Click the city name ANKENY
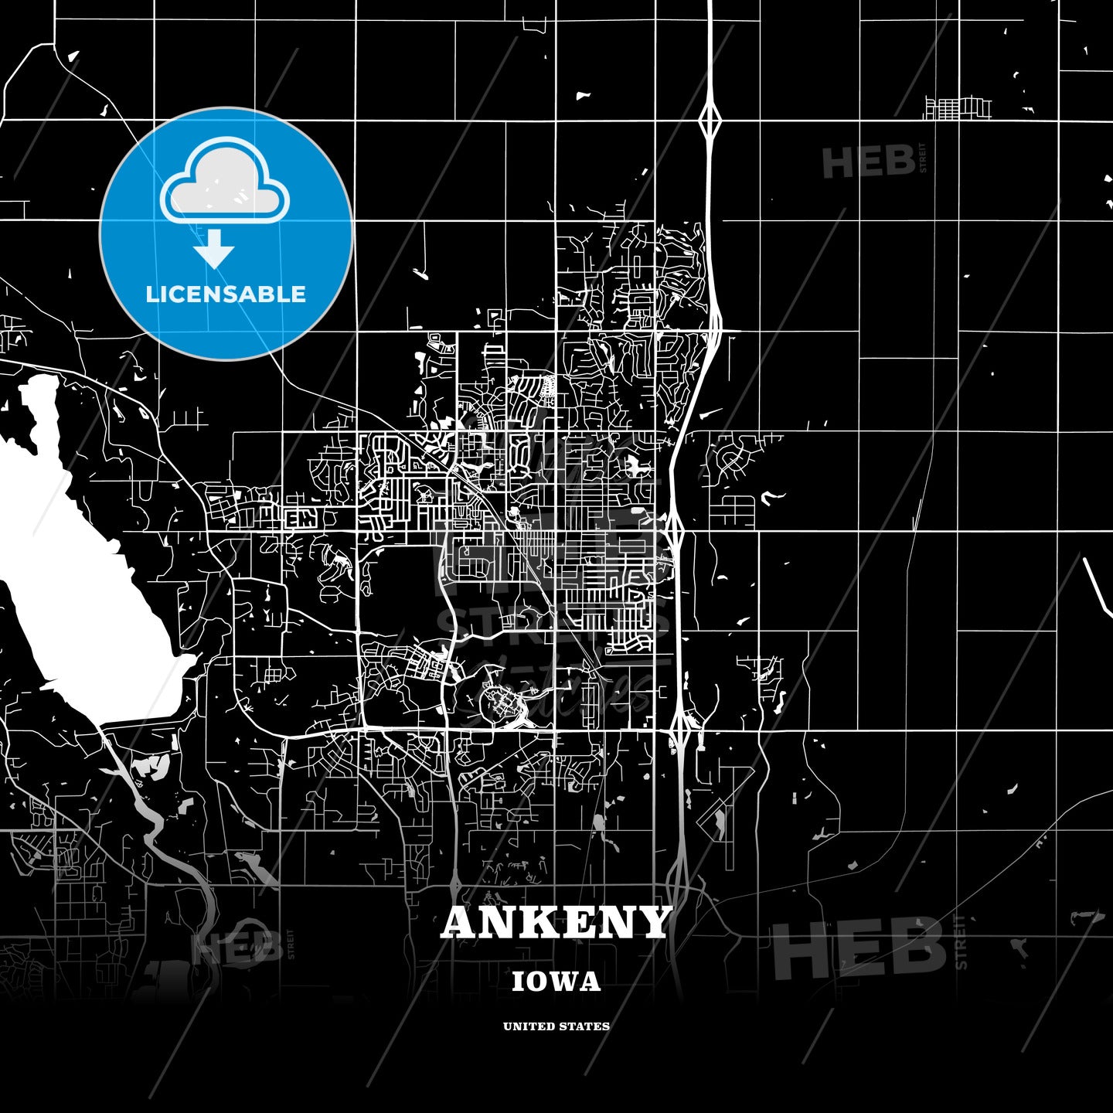556,922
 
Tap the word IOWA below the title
556,982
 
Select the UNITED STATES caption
556,1026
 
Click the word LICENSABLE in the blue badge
226,294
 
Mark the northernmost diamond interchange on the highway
710,120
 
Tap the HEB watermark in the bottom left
236,947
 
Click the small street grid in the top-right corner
958,108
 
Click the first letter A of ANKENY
459,922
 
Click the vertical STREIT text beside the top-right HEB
921,158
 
